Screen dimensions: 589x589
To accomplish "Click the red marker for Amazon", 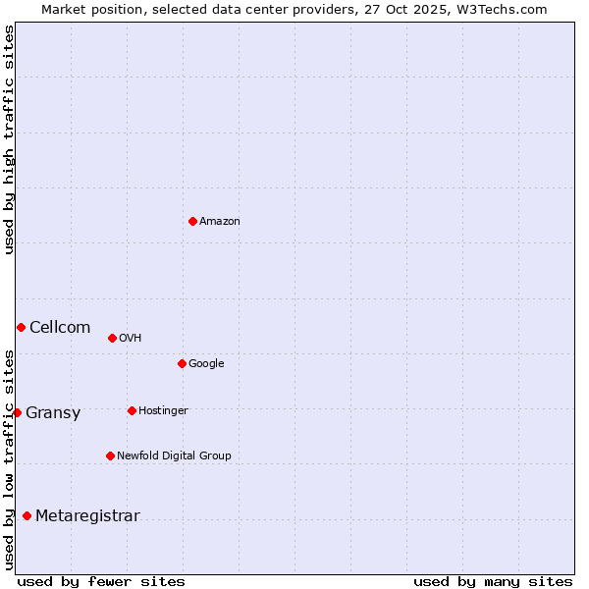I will click(x=192, y=221).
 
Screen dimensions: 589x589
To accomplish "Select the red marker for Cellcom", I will click(x=21, y=327).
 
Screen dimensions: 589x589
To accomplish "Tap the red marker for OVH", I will click(x=112, y=338).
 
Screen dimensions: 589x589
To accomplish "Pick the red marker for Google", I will click(x=182, y=363).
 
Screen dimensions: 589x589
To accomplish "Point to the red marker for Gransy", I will click(x=17, y=412).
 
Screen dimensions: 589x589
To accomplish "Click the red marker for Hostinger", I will click(x=132, y=410).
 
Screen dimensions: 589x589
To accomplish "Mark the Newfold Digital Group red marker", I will click(x=110, y=455).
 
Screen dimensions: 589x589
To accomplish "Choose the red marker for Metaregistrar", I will click(x=27, y=515).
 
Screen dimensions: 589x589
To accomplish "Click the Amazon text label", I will click(x=220, y=222).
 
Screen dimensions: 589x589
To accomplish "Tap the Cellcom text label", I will click(x=60, y=328).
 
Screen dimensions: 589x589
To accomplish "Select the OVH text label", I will click(x=131, y=339).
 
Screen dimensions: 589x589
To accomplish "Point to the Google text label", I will click(x=206, y=364).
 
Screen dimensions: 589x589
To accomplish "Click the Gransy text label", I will click(x=53, y=413).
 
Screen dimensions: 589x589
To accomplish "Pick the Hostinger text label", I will click(x=163, y=410).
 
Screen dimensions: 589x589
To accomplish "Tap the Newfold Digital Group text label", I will click(x=174, y=455).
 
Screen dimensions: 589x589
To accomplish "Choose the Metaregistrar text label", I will click(x=87, y=516).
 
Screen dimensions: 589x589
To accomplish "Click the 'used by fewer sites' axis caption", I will click(x=101, y=581).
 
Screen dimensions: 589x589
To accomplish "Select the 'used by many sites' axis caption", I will click(x=493, y=581).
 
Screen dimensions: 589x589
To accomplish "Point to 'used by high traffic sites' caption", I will click(x=9, y=139).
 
